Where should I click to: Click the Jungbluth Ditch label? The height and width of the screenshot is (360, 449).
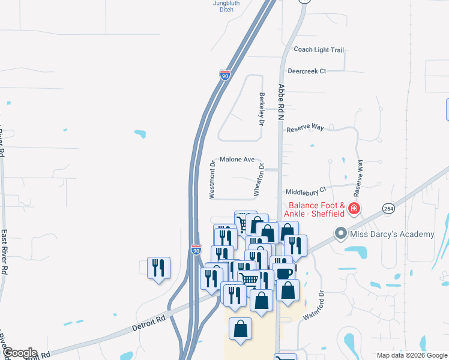click(226, 6)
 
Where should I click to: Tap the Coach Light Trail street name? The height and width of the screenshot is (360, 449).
click(318, 50)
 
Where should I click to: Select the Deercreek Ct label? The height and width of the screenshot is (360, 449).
click(306, 71)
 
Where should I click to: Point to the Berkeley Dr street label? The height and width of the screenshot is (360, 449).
click(262, 109)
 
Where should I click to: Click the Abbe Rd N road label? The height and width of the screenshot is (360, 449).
click(280, 102)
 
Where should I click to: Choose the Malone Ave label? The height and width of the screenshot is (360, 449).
click(237, 160)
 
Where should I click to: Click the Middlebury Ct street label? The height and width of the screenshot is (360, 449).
click(306, 191)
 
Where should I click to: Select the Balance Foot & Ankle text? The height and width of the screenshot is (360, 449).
click(313, 209)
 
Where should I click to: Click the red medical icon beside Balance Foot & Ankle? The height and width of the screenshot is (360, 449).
click(354, 209)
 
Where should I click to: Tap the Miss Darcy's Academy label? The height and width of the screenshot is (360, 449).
click(393, 233)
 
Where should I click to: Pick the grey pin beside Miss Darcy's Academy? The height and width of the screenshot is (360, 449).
click(342, 233)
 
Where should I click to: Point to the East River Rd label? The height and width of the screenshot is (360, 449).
click(4, 253)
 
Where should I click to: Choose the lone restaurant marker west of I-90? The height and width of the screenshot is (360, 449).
click(158, 268)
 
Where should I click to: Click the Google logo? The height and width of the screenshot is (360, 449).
click(20, 353)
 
